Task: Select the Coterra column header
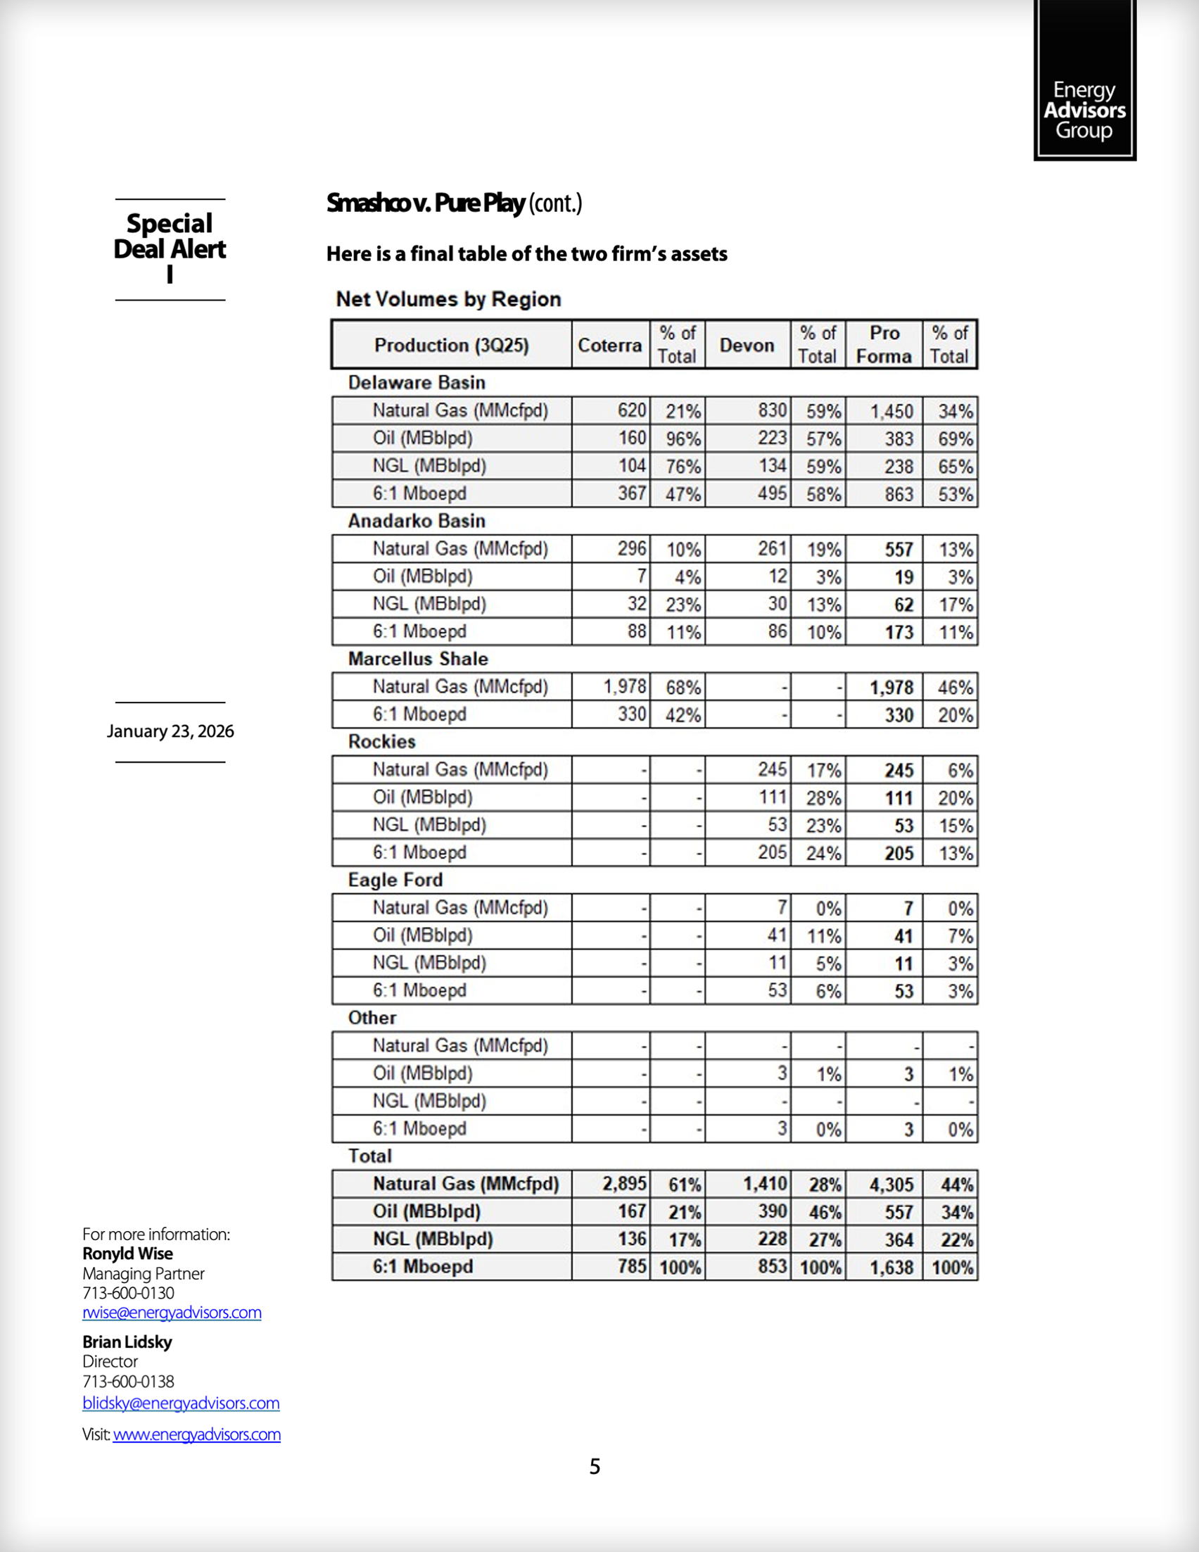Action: [609, 346]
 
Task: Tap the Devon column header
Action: [747, 346]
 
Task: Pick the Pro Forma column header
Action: [884, 345]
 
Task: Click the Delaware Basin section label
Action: [417, 383]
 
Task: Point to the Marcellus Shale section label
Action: [418, 660]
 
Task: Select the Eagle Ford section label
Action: [395, 881]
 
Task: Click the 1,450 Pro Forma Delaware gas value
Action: [892, 412]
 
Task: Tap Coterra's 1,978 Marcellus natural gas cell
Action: [624, 687]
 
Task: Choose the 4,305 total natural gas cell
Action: [892, 1185]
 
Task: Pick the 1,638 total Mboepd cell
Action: [892, 1268]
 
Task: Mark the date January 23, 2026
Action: [170, 732]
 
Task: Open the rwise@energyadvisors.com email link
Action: [172, 1313]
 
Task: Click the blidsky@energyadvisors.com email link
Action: [181, 1403]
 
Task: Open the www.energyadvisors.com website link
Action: [197, 1434]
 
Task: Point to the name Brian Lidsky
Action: [127, 1342]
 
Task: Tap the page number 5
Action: [595, 1467]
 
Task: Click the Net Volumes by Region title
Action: [448, 299]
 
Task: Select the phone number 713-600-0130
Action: [129, 1294]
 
